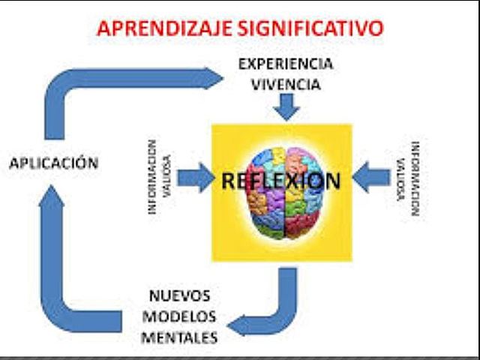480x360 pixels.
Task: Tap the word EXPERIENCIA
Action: click(x=285, y=64)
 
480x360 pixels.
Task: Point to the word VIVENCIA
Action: click(x=285, y=84)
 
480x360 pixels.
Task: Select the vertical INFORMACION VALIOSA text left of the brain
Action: click(x=159, y=178)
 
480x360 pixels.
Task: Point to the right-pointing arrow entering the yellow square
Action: click(x=196, y=178)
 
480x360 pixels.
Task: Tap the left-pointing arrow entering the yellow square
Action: click(x=370, y=178)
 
